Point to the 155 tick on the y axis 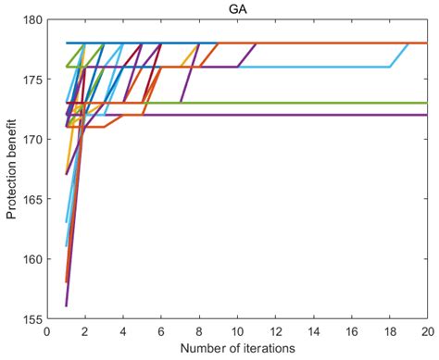[x=32, y=318]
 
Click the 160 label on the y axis [x=32, y=258]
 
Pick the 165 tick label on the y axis [x=32, y=198]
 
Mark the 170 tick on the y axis [x=32, y=139]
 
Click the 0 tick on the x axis [x=47, y=330]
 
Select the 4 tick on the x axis [x=123, y=330]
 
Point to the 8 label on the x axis [x=199, y=330]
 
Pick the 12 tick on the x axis [x=275, y=330]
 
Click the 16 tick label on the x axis [x=351, y=330]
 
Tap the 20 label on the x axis [x=425, y=330]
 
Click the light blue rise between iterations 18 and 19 [x=399, y=55]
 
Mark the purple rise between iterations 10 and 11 [x=247, y=55]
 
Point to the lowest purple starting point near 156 [x=67, y=304]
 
